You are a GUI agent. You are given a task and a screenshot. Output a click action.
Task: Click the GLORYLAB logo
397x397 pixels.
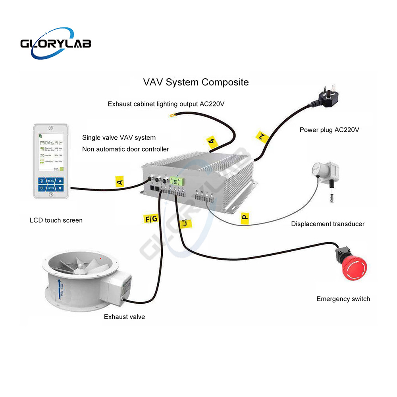56,42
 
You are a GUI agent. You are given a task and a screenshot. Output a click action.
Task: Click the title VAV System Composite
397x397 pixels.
196,82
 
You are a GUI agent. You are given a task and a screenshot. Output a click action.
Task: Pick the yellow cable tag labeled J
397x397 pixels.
185,224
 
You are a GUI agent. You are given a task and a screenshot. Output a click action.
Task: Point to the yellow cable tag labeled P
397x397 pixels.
245,217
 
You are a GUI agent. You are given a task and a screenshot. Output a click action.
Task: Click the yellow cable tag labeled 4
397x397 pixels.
212,141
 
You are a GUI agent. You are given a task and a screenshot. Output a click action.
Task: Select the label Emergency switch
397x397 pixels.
343,299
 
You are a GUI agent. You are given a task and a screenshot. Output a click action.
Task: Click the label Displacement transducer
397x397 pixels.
328,224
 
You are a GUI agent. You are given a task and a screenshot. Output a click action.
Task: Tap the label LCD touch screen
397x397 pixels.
56,220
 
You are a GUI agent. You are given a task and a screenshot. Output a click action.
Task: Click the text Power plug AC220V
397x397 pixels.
330,130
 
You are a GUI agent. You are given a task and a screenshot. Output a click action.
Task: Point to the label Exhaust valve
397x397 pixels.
124,317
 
